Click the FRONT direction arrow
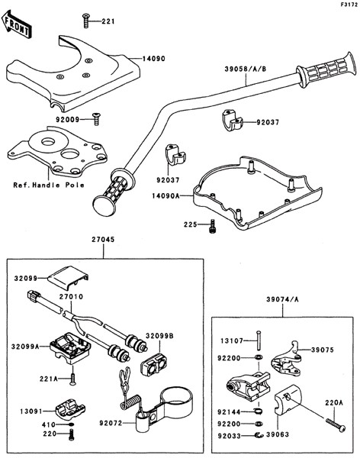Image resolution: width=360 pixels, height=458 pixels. click(16, 24)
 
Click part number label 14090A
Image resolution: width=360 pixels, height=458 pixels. click(166, 195)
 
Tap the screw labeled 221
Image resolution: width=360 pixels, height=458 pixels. click(86, 21)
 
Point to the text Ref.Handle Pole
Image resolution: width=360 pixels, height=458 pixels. click(49, 185)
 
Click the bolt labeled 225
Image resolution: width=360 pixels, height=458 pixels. click(212, 227)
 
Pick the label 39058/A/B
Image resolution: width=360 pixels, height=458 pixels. click(246, 69)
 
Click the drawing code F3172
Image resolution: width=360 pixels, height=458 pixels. click(349, 5)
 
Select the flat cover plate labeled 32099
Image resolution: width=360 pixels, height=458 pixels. click(68, 278)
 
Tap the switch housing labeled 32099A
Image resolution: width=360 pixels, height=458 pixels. click(70, 347)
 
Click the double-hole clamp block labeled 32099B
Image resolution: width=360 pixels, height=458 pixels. click(154, 363)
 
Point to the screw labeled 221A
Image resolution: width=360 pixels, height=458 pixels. click(72, 379)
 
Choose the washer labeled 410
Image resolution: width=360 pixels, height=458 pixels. click(72, 424)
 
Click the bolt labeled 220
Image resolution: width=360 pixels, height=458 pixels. click(71, 434)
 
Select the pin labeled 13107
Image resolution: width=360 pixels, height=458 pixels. click(259, 340)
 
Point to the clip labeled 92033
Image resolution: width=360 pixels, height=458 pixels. click(258, 436)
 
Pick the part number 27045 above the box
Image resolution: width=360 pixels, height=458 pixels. click(103, 240)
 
